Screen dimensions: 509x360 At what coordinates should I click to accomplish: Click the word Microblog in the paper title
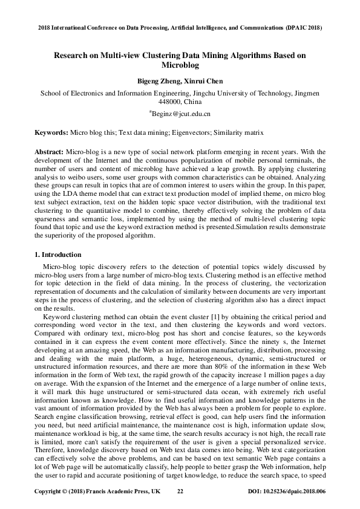click(x=180, y=65)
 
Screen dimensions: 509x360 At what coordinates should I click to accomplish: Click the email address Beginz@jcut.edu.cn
click(x=180, y=113)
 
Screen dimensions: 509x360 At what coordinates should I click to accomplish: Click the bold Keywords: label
click(x=51, y=131)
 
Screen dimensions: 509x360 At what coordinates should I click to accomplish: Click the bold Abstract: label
click(x=49, y=151)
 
